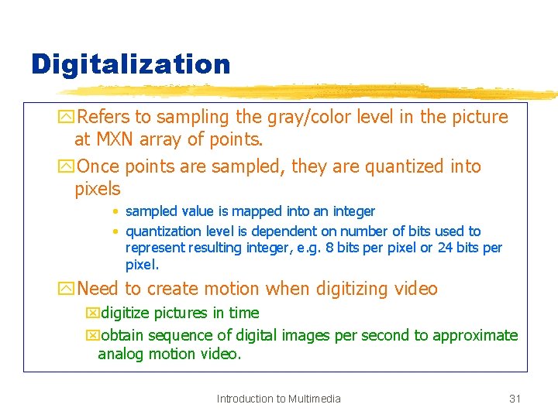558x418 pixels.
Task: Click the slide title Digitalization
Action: pos(130,64)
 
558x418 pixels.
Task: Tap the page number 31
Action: pos(515,399)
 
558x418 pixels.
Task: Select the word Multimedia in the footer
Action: pos(314,399)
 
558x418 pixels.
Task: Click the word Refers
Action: pos(105,117)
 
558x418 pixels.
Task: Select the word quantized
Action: pos(408,166)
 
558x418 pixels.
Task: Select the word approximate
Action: pos(475,335)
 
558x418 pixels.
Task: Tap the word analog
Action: pos(122,354)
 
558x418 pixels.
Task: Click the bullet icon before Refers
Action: pos(67,118)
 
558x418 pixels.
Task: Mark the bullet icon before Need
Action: pos(67,290)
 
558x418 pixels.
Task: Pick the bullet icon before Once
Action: pos(67,166)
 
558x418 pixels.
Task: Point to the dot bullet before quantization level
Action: pos(115,231)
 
